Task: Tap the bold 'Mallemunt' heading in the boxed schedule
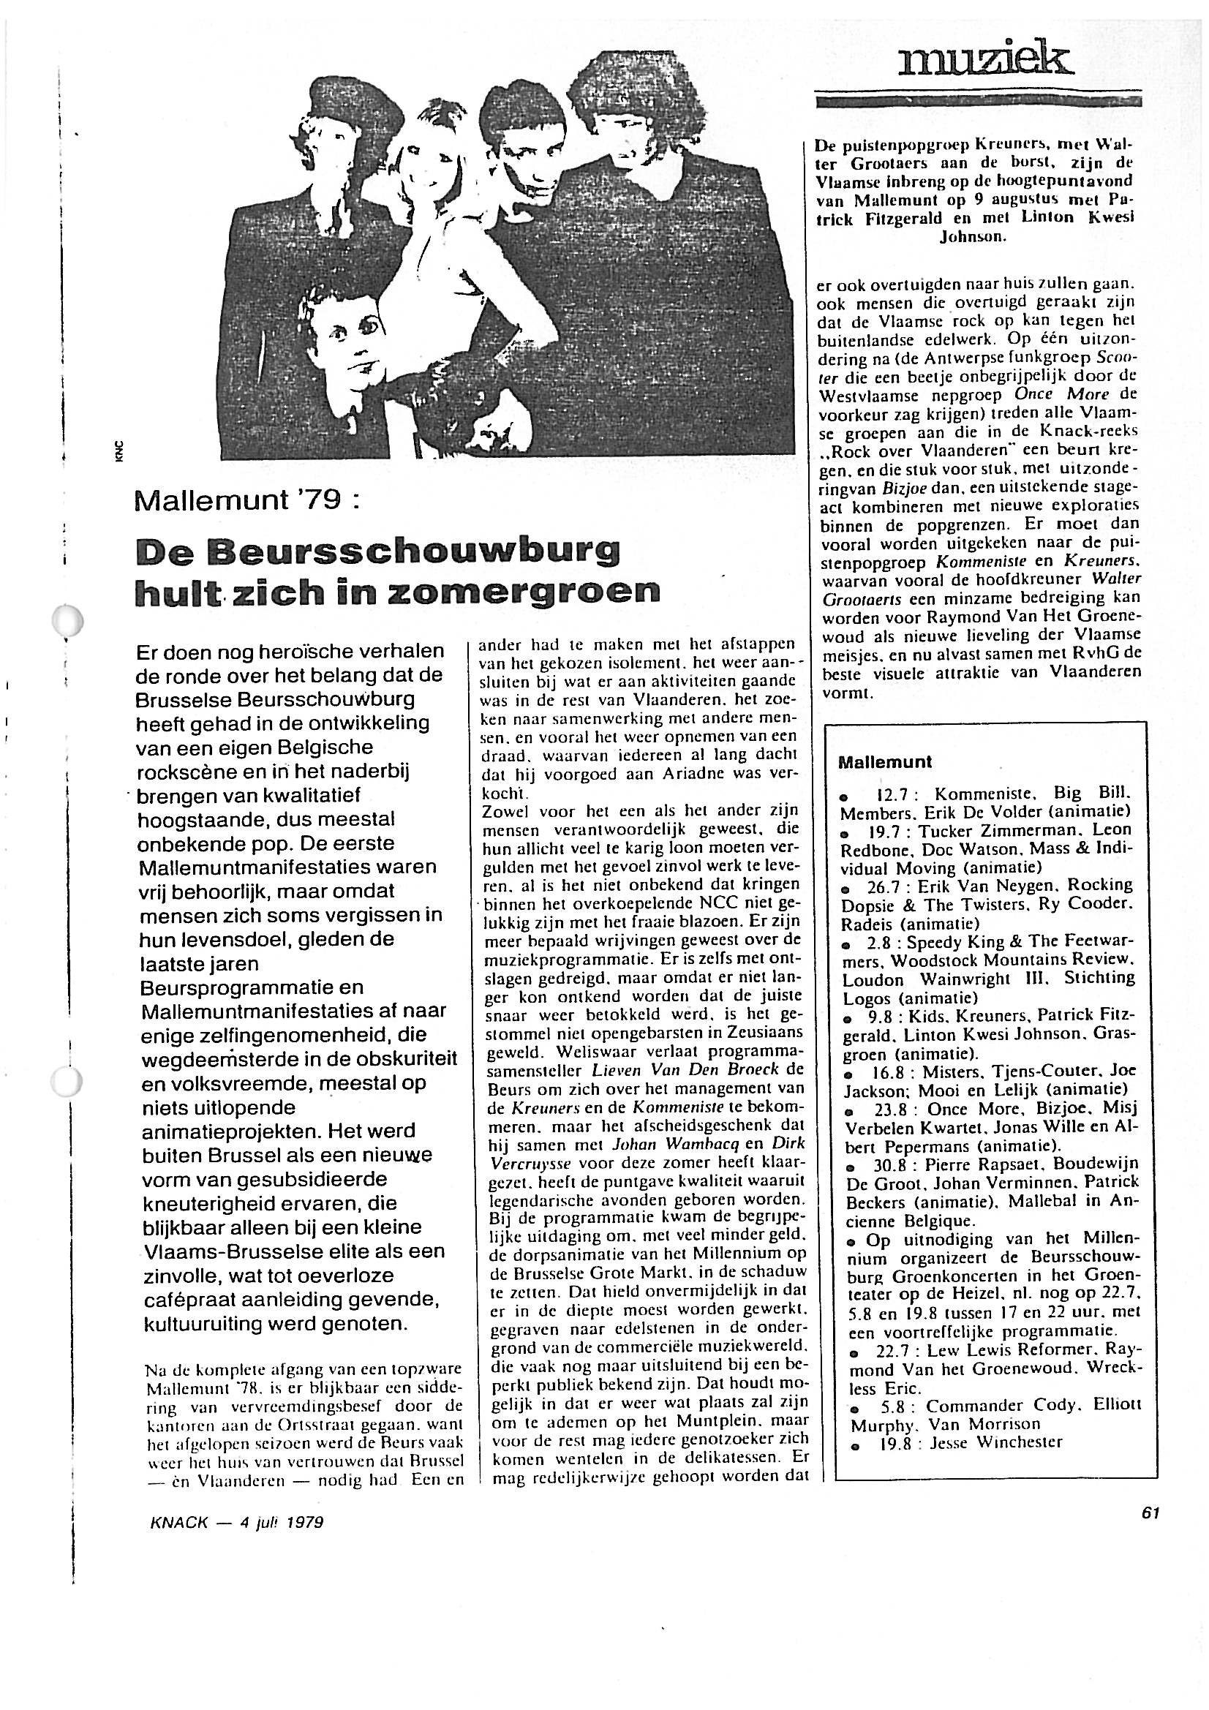pos(884,763)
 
